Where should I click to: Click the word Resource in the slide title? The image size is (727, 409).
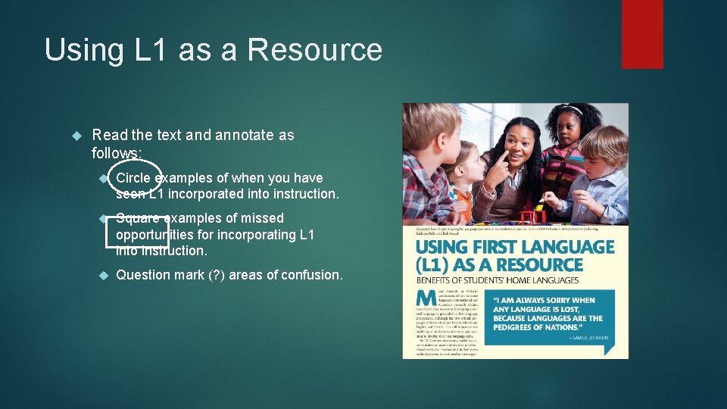coord(314,50)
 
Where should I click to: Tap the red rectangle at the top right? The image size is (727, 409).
coord(641,34)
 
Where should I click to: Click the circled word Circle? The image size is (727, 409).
coord(133,178)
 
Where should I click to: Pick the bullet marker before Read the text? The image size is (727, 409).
coord(76,136)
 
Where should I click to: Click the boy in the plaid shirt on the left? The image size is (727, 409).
coord(426,163)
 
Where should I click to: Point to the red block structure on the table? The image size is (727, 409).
coord(533,217)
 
